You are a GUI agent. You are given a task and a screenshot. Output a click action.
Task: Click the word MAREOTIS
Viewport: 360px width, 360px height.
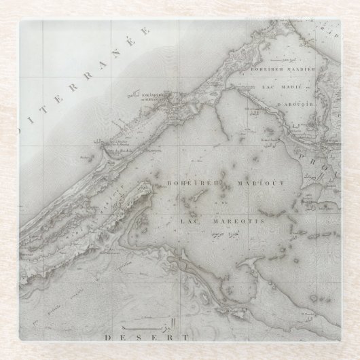coord(229,219)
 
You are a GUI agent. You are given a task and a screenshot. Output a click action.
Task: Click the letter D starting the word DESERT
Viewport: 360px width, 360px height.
coord(108,337)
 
